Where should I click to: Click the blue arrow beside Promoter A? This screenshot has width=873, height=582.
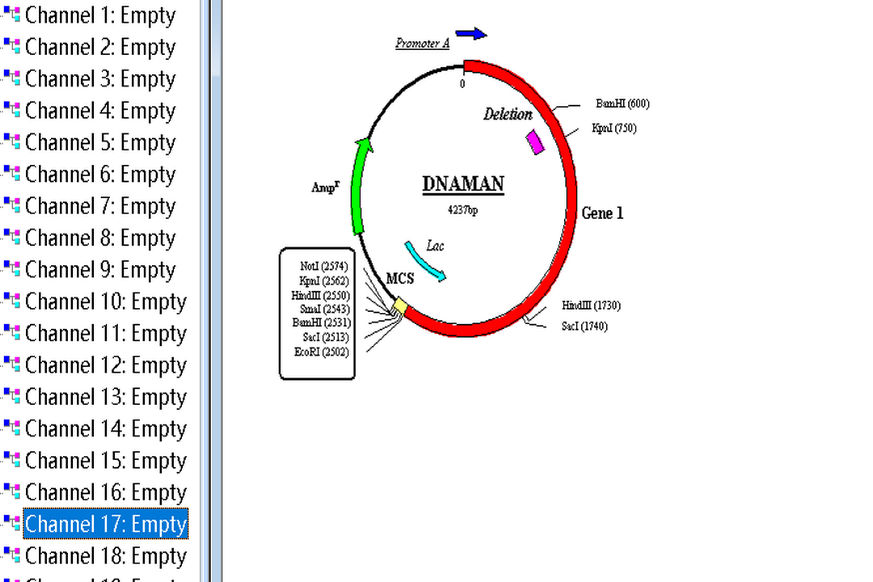pos(470,34)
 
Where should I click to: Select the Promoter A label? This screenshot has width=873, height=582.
pos(422,44)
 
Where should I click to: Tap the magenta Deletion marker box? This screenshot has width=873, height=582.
pos(535,141)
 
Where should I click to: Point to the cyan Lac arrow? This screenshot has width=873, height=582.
pos(425,261)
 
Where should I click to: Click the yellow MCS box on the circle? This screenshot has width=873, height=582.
pos(399,306)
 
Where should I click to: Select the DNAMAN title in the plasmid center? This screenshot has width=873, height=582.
pos(463,184)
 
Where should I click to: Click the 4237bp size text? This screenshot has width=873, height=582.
pos(463,209)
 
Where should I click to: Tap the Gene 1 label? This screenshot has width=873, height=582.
pos(602,213)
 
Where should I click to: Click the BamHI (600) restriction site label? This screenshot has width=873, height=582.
pos(622,103)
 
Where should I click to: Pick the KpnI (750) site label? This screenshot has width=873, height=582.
pos(614,128)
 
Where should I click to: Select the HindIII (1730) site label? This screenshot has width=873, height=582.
pos(591,306)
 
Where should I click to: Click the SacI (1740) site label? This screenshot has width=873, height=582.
pos(584,326)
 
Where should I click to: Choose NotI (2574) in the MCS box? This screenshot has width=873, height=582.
pos(323,266)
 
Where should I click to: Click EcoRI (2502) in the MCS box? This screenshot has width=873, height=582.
pos(322,352)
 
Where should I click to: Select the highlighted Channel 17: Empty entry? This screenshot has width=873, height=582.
pos(106,524)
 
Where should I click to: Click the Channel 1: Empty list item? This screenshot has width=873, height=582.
pos(100,15)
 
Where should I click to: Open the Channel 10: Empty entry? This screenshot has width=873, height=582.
pos(106,302)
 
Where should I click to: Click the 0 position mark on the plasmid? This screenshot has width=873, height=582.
pos(462,83)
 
